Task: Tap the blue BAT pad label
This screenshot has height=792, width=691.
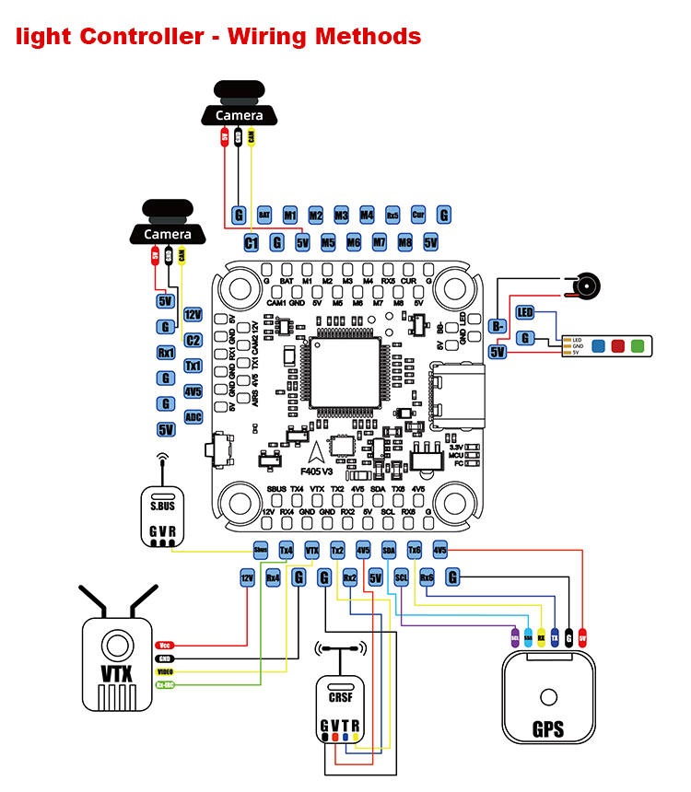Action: tap(264, 215)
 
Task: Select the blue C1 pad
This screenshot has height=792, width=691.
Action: tap(251, 243)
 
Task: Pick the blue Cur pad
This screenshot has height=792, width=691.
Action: tap(418, 215)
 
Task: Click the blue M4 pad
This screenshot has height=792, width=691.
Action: tap(367, 215)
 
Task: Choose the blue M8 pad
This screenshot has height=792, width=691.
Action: tap(404, 243)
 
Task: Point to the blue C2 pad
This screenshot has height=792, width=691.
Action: tap(193, 340)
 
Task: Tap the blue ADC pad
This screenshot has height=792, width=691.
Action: tap(193, 417)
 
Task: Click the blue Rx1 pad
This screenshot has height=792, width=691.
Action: tap(166, 353)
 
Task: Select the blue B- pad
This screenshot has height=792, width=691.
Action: tap(498, 325)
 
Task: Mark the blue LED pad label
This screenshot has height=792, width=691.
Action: tap(525, 312)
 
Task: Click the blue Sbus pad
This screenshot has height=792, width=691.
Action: tap(261, 550)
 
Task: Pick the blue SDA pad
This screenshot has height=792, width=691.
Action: tap(388, 550)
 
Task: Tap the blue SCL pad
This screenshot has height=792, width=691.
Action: tap(401, 577)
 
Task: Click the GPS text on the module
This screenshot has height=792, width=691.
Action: tap(548, 732)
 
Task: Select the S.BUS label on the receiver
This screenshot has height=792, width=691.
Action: tap(162, 506)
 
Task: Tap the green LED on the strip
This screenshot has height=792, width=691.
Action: tap(637, 346)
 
